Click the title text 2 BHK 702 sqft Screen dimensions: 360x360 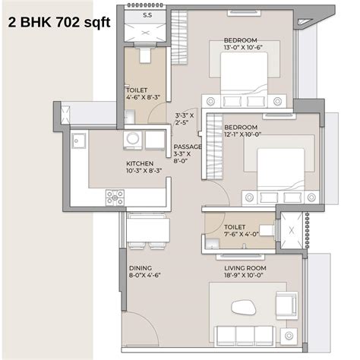point(58,23)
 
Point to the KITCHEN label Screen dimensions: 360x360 point(140,168)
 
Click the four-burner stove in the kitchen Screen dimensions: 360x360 point(115,197)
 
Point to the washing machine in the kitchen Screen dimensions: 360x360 point(134,140)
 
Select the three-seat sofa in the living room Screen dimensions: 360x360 point(245,334)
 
